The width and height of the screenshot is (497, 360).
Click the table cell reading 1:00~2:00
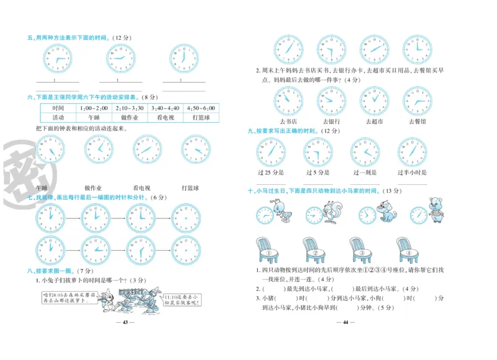[94, 108]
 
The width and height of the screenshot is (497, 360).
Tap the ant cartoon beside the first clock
[285, 212]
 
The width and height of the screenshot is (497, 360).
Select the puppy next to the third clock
[386, 213]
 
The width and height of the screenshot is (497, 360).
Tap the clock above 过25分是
[272, 152]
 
